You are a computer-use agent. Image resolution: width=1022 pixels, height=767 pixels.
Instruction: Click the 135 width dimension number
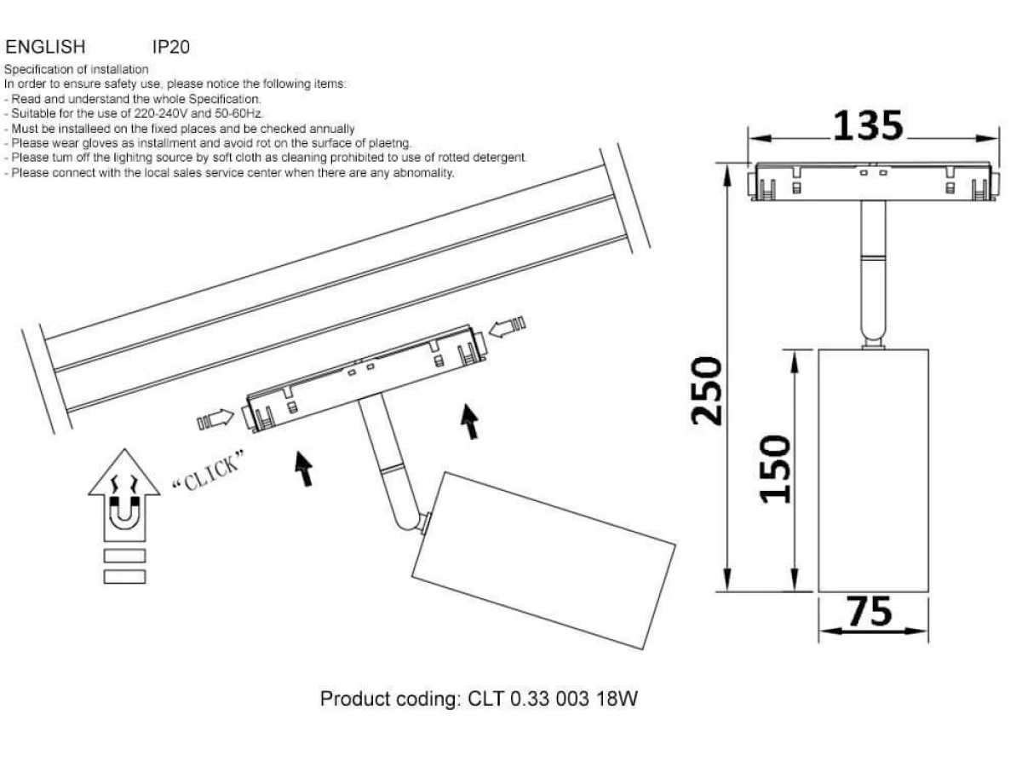pos(868,126)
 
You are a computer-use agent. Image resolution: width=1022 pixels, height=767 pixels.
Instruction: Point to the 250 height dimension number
pos(706,391)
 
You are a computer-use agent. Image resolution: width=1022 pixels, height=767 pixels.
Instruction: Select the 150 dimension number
pos(775,470)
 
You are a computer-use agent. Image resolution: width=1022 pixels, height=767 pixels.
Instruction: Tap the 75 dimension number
pos(869,611)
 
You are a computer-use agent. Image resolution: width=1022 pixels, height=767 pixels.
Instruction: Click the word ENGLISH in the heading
pos(45,47)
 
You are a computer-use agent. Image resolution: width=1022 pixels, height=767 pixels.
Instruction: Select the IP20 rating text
pos(171,47)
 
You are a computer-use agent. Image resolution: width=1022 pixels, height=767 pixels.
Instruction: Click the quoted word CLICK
pos(208,471)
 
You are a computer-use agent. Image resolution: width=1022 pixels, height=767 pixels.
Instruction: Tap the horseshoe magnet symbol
pos(124,514)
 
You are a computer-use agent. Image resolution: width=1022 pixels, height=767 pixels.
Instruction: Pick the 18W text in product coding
pos(617,699)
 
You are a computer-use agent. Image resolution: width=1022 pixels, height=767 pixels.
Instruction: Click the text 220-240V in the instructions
pos(161,113)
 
